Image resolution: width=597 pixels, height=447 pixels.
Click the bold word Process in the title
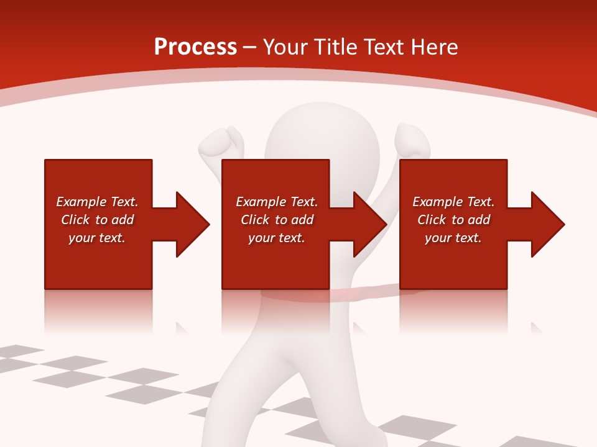[x=195, y=47]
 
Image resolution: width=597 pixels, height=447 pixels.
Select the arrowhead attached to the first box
[x=190, y=224]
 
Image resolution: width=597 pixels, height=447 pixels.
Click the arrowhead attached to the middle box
[x=368, y=224]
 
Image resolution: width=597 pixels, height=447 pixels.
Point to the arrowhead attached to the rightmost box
[x=545, y=224]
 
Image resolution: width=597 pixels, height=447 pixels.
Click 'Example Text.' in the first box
[x=97, y=202]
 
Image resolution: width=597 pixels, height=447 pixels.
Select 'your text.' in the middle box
[x=276, y=238]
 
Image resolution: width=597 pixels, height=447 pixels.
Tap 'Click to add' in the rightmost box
[x=453, y=220]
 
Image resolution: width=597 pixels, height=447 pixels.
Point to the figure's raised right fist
[x=412, y=140]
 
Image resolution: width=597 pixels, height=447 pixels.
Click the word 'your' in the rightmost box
[x=438, y=238]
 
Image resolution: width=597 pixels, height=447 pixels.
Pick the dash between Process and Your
[x=249, y=47]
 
